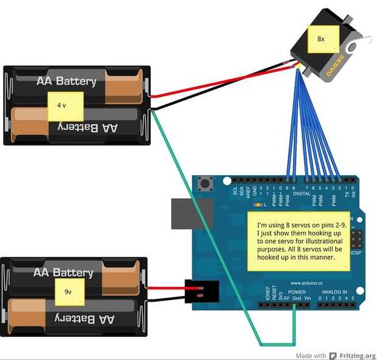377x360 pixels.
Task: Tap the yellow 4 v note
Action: coord(65,105)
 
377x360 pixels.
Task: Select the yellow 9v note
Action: coord(68,292)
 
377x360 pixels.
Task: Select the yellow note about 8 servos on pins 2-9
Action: coord(299,240)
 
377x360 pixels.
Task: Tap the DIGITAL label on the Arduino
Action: coord(302,193)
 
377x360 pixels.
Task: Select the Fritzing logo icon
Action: coord(333,356)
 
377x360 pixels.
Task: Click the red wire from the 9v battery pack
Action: coord(165,289)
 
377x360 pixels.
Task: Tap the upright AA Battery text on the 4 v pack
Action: coord(66,81)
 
